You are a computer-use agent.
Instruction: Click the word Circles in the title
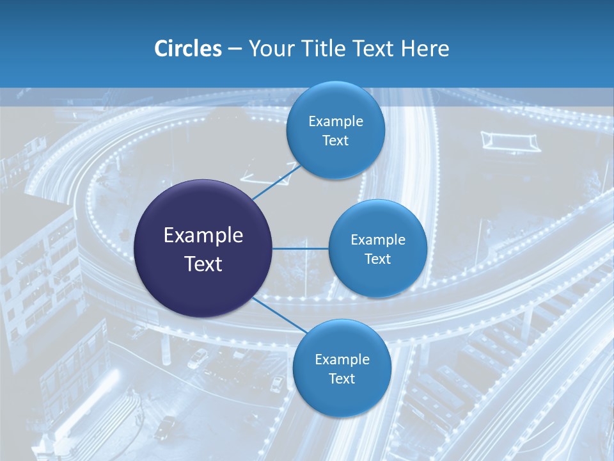[x=187, y=49]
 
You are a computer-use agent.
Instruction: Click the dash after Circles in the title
[x=234, y=49]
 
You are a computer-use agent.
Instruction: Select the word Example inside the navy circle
[x=203, y=235]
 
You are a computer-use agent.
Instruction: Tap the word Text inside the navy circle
[x=203, y=263]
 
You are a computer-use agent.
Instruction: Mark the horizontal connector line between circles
[x=300, y=248]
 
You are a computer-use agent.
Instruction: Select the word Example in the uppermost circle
[x=335, y=121]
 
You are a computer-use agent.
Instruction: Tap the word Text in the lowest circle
[x=342, y=378]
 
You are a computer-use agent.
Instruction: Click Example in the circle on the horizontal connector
[x=377, y=239]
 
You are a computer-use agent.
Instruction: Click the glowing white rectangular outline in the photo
[x=510, y=140]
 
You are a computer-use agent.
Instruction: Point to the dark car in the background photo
[x=166, y=425]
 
